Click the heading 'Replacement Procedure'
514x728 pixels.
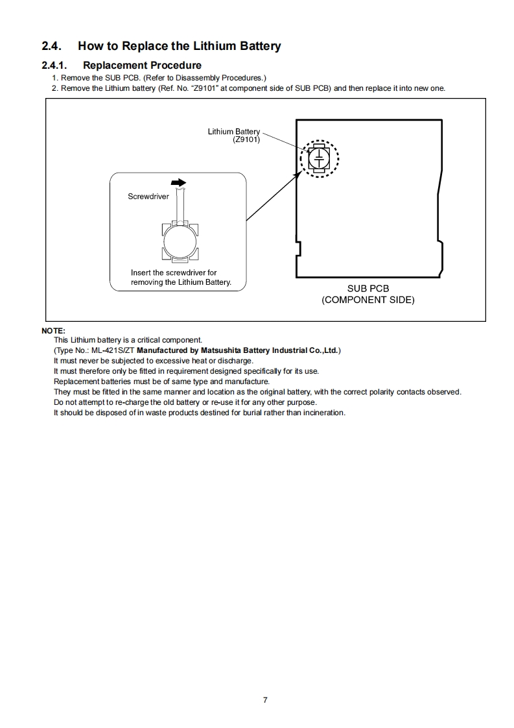(x=142, y=65)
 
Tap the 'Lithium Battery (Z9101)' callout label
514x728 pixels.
(x=234, y=136)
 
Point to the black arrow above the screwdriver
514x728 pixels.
(x=179, y=183)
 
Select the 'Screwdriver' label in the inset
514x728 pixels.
(x=148, y=195)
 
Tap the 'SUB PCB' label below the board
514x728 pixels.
(x=368, y=289)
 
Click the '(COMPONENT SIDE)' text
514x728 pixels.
(x=368, y=300)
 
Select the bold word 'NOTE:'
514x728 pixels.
(x=53, y=330)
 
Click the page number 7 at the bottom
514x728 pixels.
(x=264, y=699)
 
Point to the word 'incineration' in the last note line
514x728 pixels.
(x=323, y=413)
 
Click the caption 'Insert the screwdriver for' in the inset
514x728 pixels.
(x=174, y=273)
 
